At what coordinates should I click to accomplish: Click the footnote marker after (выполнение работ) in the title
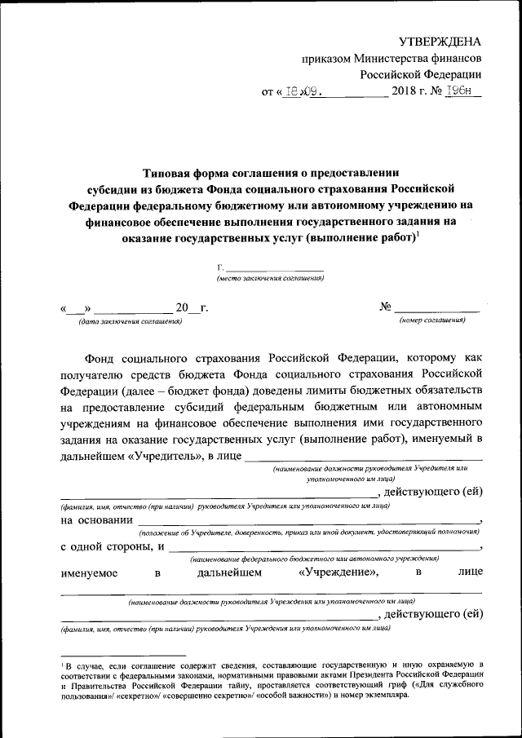(x=418, y=235)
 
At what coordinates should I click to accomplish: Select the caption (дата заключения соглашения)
(x=130, y=321)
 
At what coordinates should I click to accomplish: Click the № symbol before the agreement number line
(x=386, y=308)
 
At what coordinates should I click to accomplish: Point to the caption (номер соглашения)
(x=432, y=321)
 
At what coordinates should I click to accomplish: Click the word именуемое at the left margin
(x=89, y=573)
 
